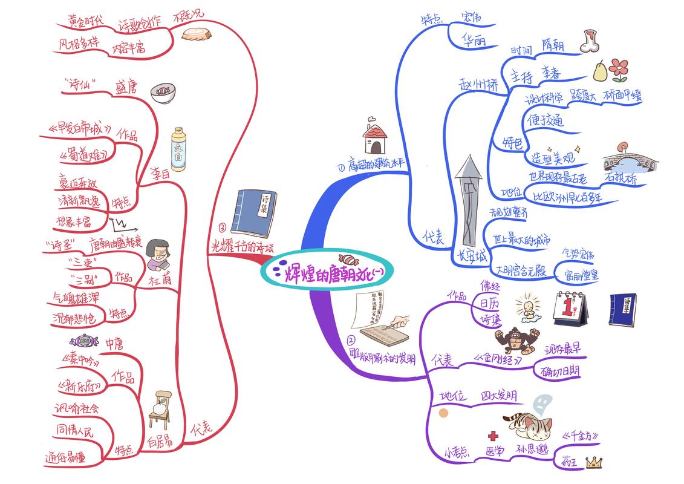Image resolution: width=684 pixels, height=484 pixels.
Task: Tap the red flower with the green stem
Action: pos(619,69)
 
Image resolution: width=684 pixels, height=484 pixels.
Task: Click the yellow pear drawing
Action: pos(599,70)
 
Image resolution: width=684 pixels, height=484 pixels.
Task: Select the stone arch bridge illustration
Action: pos(624,160)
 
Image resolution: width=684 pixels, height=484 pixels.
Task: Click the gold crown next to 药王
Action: pos(594,462)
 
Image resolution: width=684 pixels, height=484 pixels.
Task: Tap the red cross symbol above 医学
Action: pos(493,436)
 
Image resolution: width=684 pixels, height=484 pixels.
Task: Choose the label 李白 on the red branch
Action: pos(160,173)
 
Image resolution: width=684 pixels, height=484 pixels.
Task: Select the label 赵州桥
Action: pos(478,87)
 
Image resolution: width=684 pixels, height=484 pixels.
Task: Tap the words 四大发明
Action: pos(499,396)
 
